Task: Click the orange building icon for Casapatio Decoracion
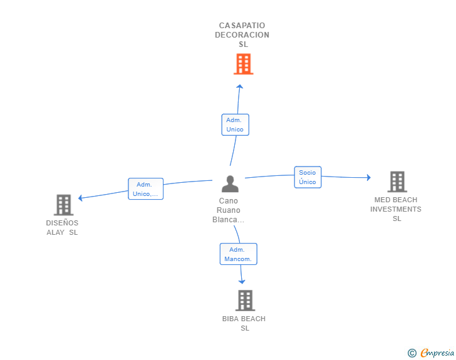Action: [244, 64]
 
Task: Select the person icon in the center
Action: [230, 184]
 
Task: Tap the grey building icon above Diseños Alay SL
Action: [64, 205]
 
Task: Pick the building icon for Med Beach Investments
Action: [397, 182]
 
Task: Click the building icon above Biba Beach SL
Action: [245, 301]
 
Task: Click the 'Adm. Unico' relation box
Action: [236, 125]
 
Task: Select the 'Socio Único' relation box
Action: [308, 177]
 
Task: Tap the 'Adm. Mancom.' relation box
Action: [239, 254]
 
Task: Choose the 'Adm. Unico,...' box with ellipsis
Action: [146, 188]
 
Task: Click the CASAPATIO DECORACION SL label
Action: [242, 35]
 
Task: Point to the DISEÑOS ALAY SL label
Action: [62, 228]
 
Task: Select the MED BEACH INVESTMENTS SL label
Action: [396, 209]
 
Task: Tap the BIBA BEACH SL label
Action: [244, 323]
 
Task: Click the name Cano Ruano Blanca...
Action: [228, 210]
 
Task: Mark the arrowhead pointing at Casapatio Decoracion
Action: [240, 86]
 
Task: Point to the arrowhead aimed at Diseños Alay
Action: [81, 198]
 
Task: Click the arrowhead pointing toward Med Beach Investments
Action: [369, 177]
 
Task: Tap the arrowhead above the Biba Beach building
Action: [242, 282]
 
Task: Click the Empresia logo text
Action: [437, 353]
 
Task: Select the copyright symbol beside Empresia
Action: [412, 353]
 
